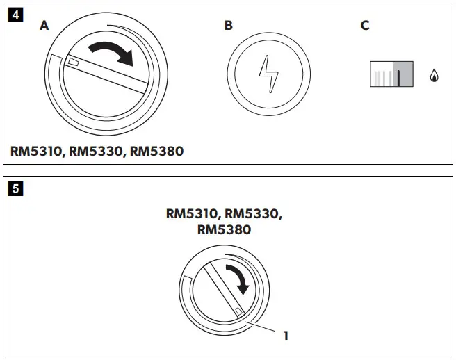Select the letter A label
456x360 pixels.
coord(44,26)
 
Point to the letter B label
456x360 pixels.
coord(229,26)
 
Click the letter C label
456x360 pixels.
coord(365,26)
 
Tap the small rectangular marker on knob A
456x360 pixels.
coord(72,63)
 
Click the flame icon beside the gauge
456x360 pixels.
coord(435,74)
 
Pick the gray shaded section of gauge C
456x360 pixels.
coord(404,73)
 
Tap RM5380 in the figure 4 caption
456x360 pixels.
coord(157,150)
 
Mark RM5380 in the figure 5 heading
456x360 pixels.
coord(224,229)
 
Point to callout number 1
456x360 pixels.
coord(285,336)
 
